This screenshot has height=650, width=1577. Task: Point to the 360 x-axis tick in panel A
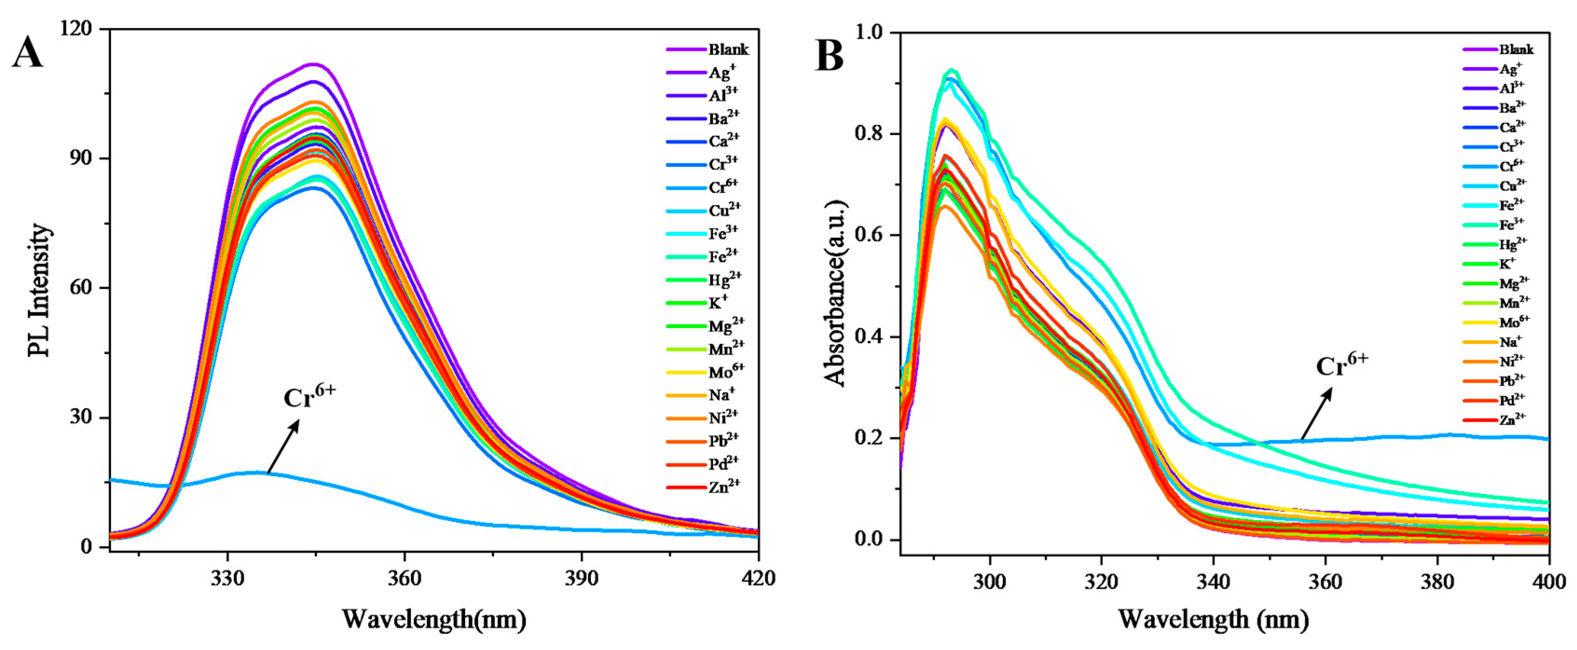(405, 577)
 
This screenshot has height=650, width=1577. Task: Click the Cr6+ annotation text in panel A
(309, 397)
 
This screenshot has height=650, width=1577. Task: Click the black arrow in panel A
(283, 446)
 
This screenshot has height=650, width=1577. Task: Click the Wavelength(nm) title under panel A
(433, 619)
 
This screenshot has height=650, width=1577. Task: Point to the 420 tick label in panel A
(758, 577)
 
